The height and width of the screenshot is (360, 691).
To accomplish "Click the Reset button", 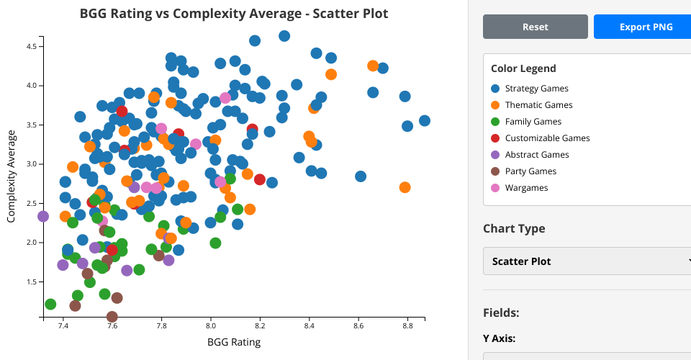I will tap(536, 27).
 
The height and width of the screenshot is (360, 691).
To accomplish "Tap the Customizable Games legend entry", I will tap(547, 138).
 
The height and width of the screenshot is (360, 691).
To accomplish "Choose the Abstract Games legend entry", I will tap(536, 155).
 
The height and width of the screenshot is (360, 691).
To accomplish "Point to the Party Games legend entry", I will tap(530, 171).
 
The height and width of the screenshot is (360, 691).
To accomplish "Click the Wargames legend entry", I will tap(526, 188).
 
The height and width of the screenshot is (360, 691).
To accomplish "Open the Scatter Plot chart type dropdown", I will tap(587, 261).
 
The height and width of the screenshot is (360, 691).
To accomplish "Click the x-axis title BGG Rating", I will tap(234, 342).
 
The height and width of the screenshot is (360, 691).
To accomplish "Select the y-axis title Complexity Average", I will tap(12, 176).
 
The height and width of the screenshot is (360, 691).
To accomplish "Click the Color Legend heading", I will tap(523, 68).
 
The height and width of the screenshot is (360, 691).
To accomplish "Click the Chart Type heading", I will tap(514, 228).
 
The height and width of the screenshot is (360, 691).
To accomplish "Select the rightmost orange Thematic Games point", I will tap(405, 187).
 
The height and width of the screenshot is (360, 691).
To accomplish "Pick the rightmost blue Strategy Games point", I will tap(425, 121).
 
